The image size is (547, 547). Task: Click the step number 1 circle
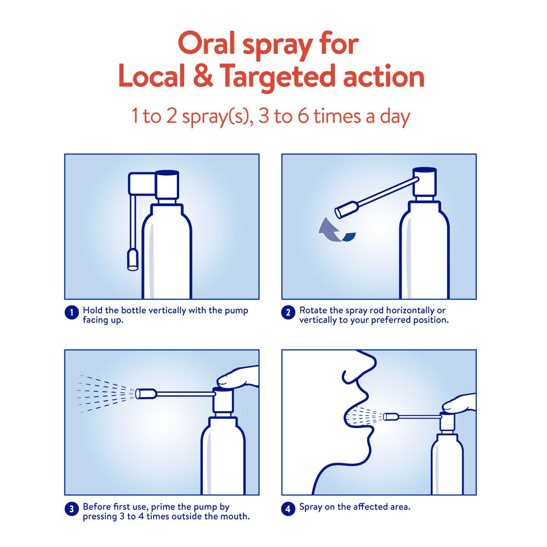click(x=72, y=313)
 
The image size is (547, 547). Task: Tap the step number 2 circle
click(x=288, y=313)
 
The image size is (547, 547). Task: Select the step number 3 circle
click(x=72, y=509)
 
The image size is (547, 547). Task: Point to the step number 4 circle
click(x=288, y=509)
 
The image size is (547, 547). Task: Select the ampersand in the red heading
click(x=203, y=77)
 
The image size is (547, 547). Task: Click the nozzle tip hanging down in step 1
click(x=132, y=260)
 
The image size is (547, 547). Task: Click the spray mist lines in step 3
click(x=105, y=393)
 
